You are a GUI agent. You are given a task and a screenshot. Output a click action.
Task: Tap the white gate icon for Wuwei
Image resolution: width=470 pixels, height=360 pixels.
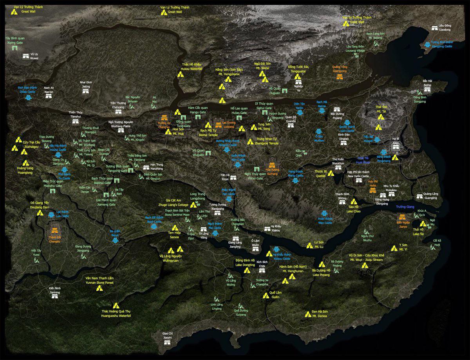26,56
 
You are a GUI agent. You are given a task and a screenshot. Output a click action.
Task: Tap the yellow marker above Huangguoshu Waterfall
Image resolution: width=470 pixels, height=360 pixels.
116,306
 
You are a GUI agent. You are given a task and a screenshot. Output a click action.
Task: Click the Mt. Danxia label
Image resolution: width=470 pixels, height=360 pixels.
320,313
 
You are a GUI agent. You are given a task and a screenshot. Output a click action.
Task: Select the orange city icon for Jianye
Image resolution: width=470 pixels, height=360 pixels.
402,217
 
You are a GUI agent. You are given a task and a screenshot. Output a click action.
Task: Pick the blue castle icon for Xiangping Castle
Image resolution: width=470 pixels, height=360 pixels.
427,44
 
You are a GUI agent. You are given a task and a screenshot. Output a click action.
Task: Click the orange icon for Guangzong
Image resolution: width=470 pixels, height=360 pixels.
339,76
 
